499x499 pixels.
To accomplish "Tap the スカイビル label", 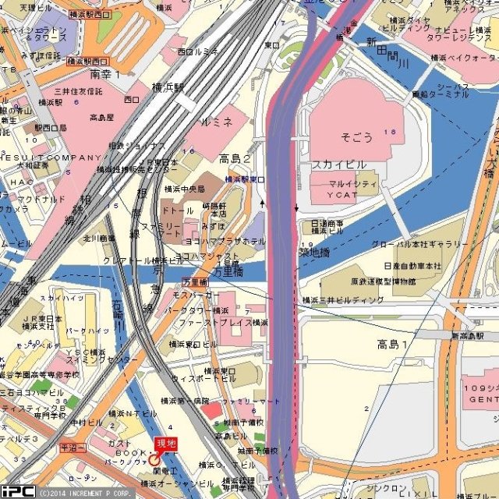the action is pos(339,165).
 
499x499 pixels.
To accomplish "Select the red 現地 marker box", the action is pos(166,444).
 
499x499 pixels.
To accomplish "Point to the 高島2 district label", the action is pos(235,159).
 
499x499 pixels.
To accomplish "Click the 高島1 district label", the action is pos(393,344).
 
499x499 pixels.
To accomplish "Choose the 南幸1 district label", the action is pos(105,74).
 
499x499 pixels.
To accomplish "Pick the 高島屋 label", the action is pos(101,118).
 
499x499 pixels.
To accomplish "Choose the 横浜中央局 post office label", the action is pos(184,189).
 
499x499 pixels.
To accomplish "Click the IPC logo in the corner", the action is pos(17,491).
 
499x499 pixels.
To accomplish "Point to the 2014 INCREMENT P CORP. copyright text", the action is pos(85,493).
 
